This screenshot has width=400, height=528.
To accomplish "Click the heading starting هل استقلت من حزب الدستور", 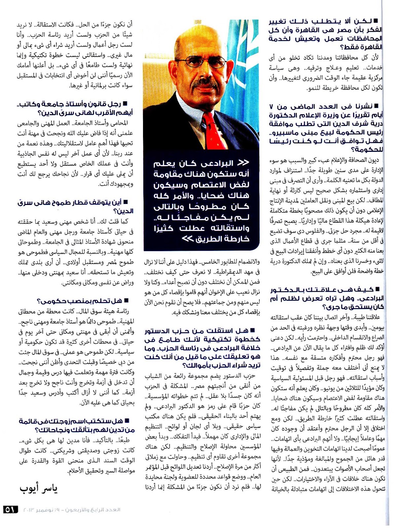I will click(202, 348).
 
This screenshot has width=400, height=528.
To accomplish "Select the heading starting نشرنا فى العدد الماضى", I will click(326, 128).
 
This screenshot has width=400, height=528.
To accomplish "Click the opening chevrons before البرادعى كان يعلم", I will click(244, 163).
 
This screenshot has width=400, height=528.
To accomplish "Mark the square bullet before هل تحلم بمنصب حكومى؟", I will click(126, 301).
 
